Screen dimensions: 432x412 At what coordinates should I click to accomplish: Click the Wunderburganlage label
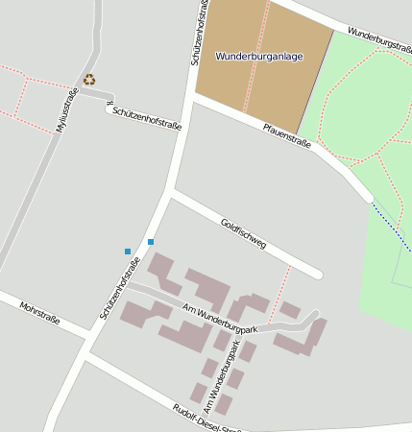(259, 57)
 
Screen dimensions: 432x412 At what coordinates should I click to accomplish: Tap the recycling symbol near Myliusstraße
(89, 80)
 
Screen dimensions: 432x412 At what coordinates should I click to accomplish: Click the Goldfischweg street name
(243, 236)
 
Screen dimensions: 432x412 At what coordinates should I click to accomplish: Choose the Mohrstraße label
(40, 313)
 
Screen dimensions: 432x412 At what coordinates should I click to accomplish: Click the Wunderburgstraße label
(379, 39)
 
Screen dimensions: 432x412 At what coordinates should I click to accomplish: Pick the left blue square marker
(128, 252)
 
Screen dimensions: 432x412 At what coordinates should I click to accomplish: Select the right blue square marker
(151, 241)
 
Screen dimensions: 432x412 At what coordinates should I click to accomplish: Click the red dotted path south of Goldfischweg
(280, 291)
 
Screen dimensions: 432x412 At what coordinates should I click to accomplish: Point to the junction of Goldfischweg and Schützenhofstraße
(170, 193)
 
